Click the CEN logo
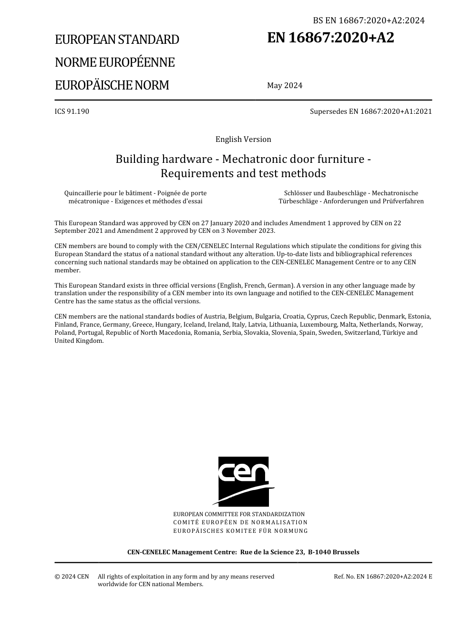tap(243, 481)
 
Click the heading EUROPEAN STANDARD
tap(117, 40)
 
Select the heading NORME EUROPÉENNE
tap(114, 62)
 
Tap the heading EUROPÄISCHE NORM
tap(112, 85)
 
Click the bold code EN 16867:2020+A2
tap(330, 38)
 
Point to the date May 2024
tap(285, 86)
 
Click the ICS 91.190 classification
tap(72, 111)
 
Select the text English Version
tap(243, 140)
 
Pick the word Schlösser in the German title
tap(298, 193)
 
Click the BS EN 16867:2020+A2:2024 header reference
tap(369, 20)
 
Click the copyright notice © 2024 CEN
tap(72, 577)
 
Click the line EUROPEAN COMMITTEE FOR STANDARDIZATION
tap(239, 514)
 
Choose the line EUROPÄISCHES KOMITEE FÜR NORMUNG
tap(240, 531)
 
